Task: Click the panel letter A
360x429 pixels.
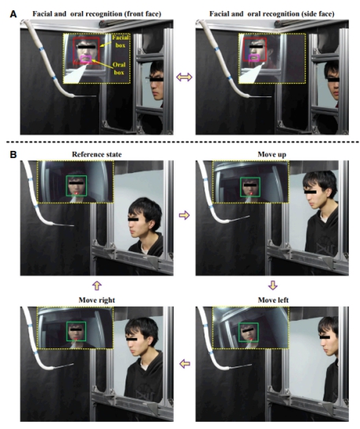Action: pos(13,14)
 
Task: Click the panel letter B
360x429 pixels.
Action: pos(13,155)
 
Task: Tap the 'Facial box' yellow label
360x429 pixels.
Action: pos(120,41)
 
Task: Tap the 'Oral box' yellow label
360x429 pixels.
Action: pos(119,69)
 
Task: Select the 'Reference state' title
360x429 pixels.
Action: pos(97,155)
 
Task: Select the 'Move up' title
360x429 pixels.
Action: pos(272,155)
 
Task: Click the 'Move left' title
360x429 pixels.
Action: pos(273,300)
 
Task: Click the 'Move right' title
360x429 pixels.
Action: pos(97,300)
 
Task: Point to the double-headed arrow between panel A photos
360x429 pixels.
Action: pos(184,77)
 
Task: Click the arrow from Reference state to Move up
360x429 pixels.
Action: pos(184,216)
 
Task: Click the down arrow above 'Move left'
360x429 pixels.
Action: pos(272,285)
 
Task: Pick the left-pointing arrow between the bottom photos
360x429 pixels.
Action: pos(185,364)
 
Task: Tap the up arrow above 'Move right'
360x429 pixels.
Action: pos(97,285)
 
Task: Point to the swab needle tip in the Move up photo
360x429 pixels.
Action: pos(249,216)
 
